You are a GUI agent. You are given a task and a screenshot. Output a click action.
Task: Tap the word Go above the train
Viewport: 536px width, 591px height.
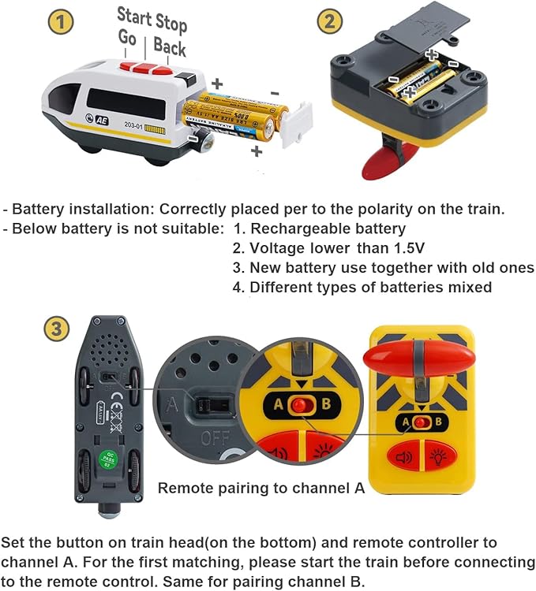[127, 37]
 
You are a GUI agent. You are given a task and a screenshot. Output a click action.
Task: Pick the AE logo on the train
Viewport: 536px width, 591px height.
[103, 124]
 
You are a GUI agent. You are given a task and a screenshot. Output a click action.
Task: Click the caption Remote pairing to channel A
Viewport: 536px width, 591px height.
[261, 488]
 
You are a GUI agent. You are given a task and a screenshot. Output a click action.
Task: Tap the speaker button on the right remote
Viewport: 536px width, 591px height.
[405, 456]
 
